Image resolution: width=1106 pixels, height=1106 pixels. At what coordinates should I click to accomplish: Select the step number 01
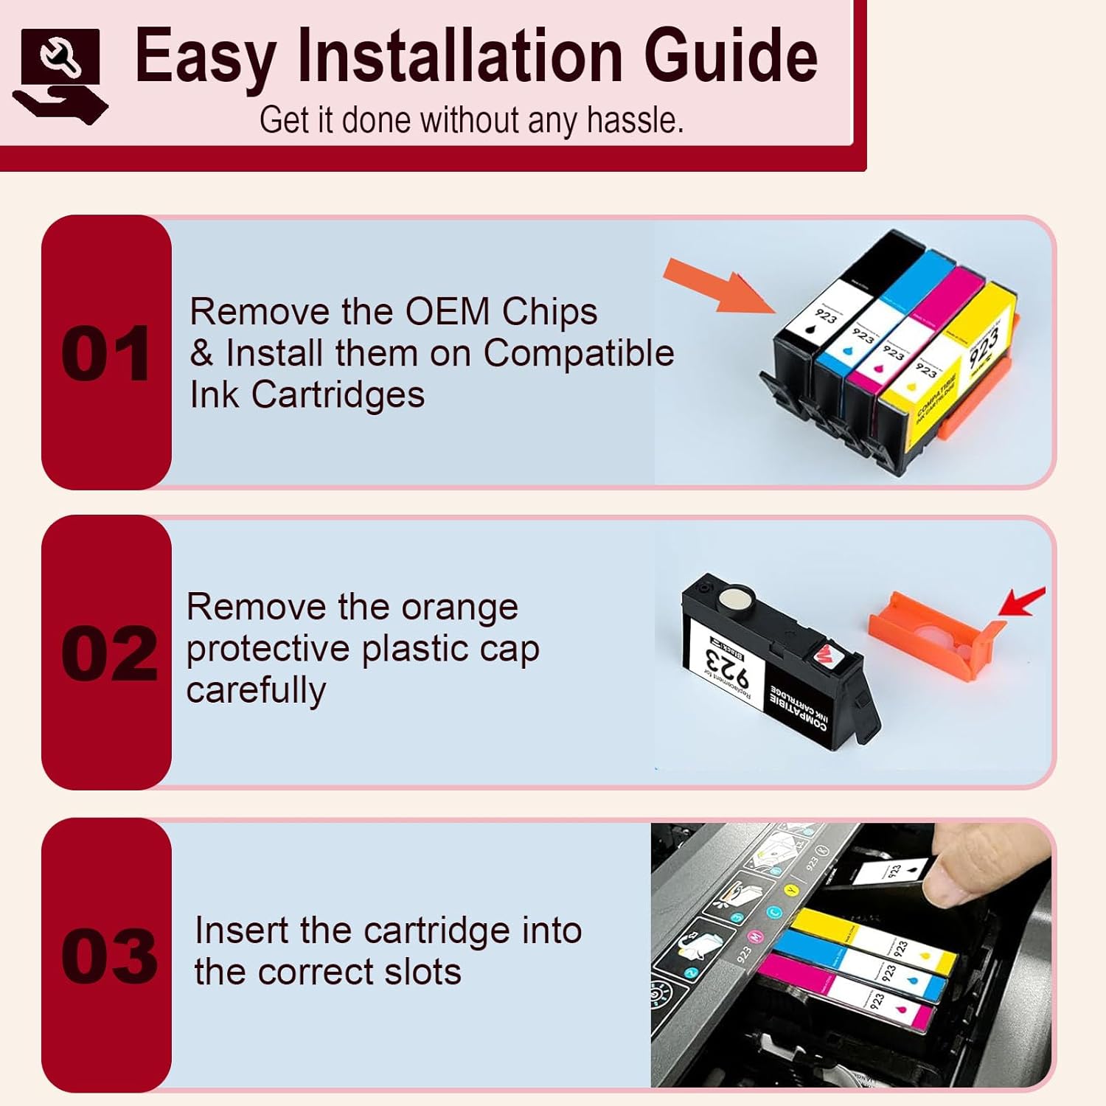click(x=106, y=355)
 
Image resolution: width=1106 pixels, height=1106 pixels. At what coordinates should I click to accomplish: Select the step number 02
click(x=108, y=654)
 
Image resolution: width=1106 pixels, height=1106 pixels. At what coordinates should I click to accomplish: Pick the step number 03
click(x=108, y=956)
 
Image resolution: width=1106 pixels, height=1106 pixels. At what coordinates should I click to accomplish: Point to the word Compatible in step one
click(x=578, y=353)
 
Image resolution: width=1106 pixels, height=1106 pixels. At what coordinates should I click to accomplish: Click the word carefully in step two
click(x=256, y=691)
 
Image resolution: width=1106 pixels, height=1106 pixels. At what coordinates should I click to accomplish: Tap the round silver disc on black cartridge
click(x=735, y=597)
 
